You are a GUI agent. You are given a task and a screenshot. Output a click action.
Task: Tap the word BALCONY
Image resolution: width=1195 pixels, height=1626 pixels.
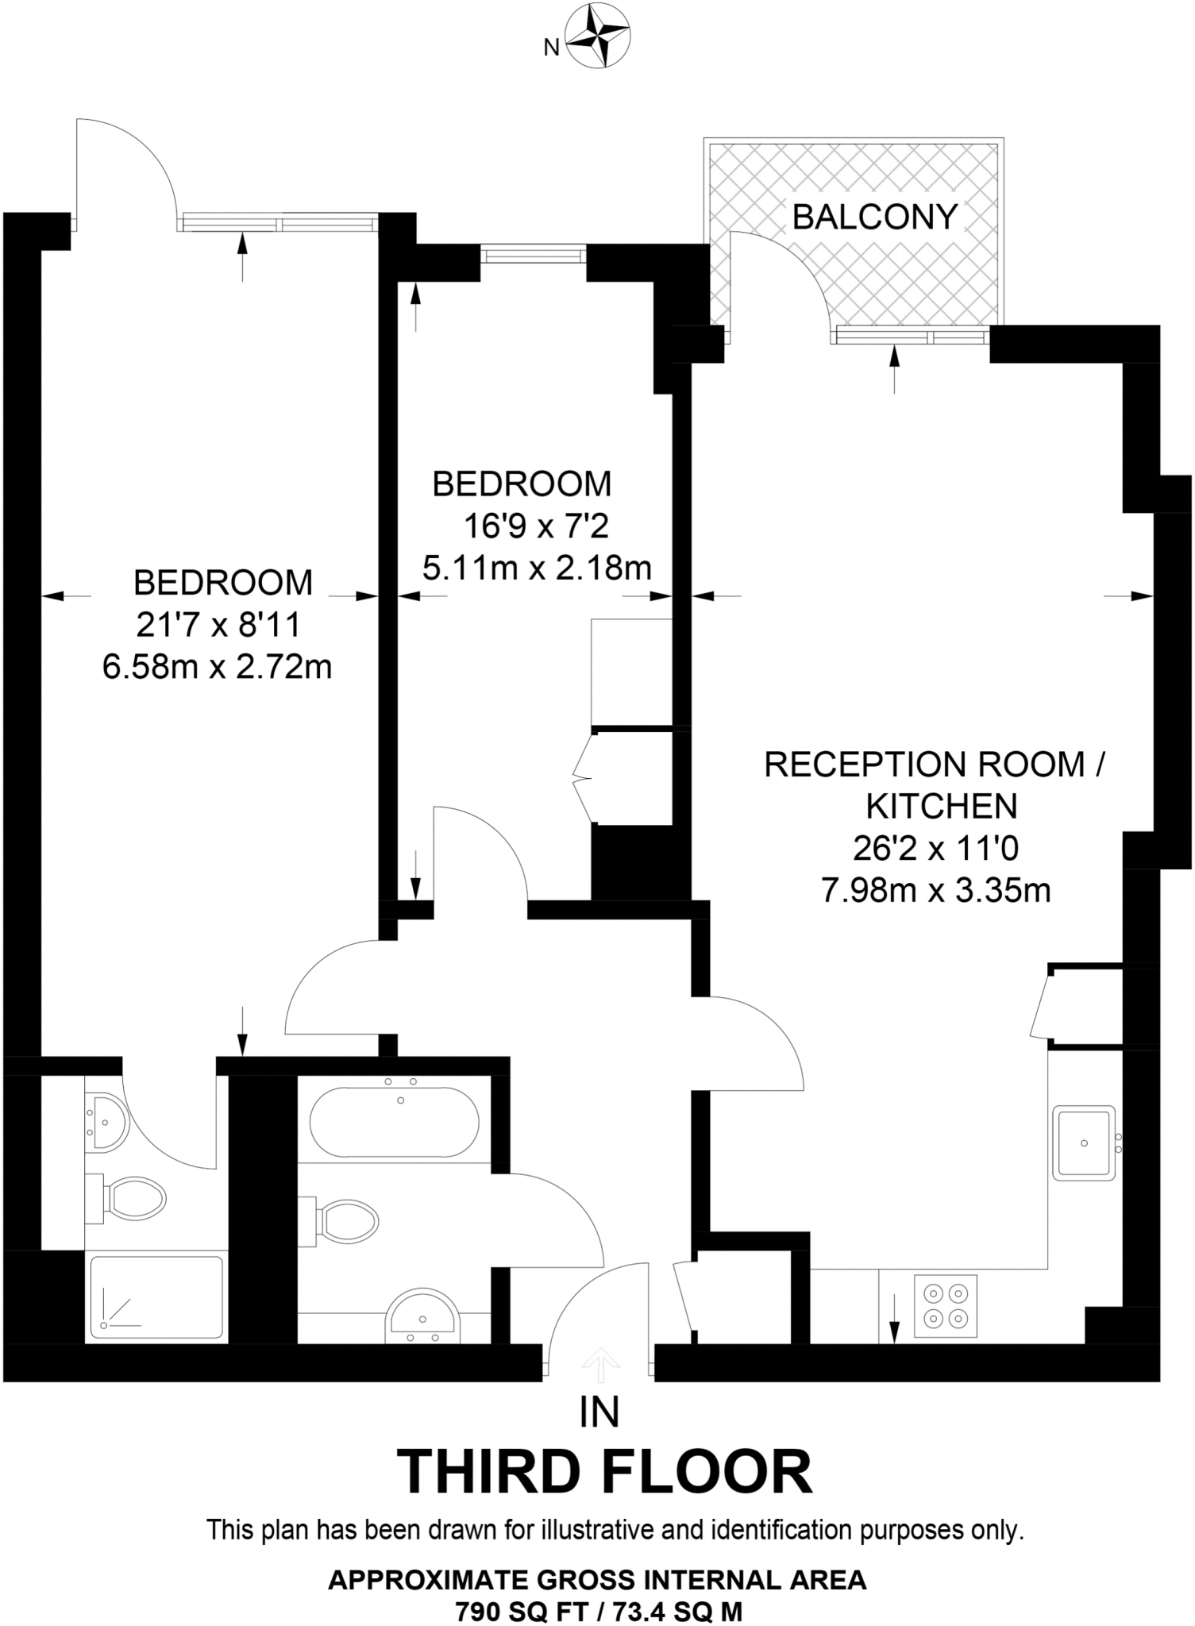tap(875, 218)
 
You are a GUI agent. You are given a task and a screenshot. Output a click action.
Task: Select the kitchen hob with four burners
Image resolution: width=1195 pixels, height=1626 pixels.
tap(945, 1305)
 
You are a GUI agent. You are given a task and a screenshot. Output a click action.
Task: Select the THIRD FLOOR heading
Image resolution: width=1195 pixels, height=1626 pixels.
tap(603, 1473)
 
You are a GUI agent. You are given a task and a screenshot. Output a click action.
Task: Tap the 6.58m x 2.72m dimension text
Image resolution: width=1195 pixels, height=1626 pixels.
tap(217, 667)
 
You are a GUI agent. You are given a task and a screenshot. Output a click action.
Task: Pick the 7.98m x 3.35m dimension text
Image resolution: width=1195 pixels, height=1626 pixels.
tap(935, 891)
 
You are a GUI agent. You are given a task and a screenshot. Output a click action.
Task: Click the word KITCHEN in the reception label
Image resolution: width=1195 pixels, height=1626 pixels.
tap(941, 807)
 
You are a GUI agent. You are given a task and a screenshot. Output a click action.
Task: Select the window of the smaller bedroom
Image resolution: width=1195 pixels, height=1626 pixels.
tap(534, 255)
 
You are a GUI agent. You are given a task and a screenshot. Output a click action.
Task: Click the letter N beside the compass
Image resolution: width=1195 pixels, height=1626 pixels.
tap(551, 48)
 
